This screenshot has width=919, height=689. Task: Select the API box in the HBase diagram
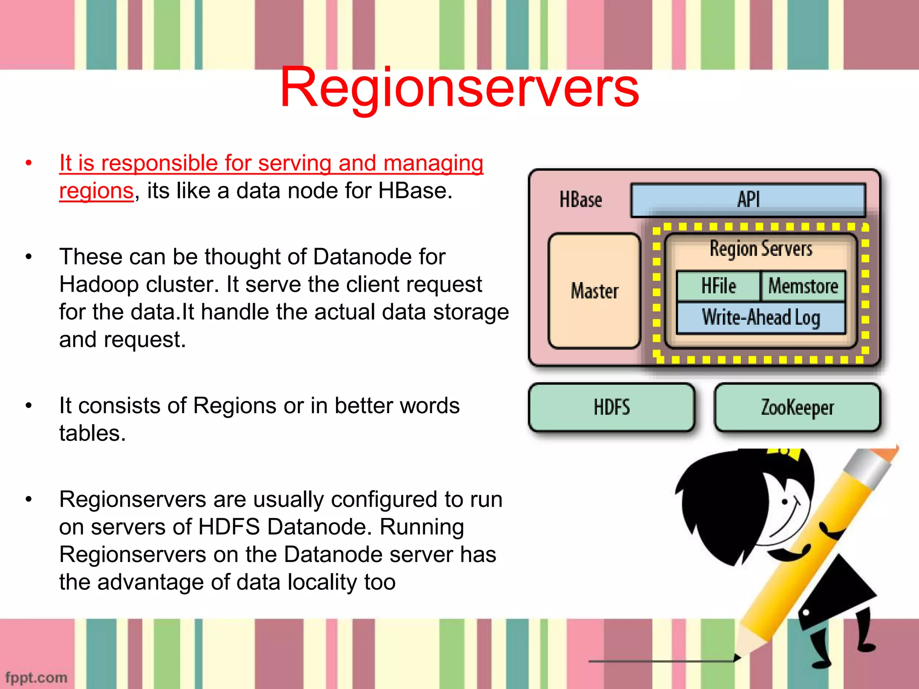pos(748,200)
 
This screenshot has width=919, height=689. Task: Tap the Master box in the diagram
pos(594,291)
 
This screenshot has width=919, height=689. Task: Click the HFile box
pos(718,286)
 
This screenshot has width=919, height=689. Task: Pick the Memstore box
pos(803,286)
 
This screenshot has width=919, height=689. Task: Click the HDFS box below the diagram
pos(612,407)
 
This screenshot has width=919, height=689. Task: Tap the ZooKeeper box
pos(797,407)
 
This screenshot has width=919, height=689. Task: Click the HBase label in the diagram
pos(580,200)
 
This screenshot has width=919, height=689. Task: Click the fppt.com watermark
pos(36,677)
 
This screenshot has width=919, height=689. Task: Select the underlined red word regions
pos(96,191)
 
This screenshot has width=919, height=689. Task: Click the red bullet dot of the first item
pos(29,163)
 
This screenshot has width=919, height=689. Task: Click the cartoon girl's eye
pos(785,501)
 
